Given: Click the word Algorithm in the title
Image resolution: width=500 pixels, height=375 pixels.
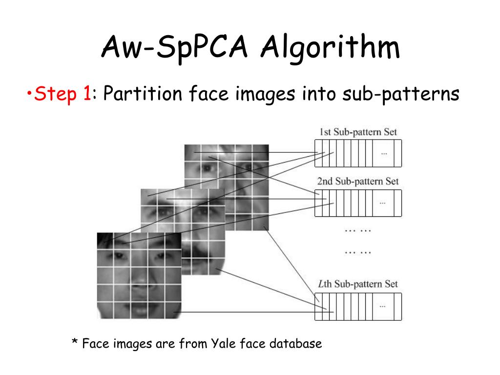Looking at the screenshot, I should [330, 49].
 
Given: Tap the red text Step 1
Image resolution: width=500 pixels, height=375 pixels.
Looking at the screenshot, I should [62, 93].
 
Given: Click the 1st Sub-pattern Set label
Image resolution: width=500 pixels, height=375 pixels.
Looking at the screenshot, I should [358, 132].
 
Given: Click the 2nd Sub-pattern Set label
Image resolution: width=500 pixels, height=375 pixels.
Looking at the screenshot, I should [358, 181].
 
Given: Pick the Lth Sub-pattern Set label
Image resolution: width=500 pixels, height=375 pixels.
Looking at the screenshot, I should [358, 284].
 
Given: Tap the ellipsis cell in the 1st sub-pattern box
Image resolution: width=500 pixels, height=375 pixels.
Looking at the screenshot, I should [384, 153].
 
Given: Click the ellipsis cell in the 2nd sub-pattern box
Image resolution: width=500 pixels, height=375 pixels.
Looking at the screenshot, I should [384, 203].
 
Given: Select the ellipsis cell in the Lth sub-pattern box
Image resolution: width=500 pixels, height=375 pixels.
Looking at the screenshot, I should [384, 306].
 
